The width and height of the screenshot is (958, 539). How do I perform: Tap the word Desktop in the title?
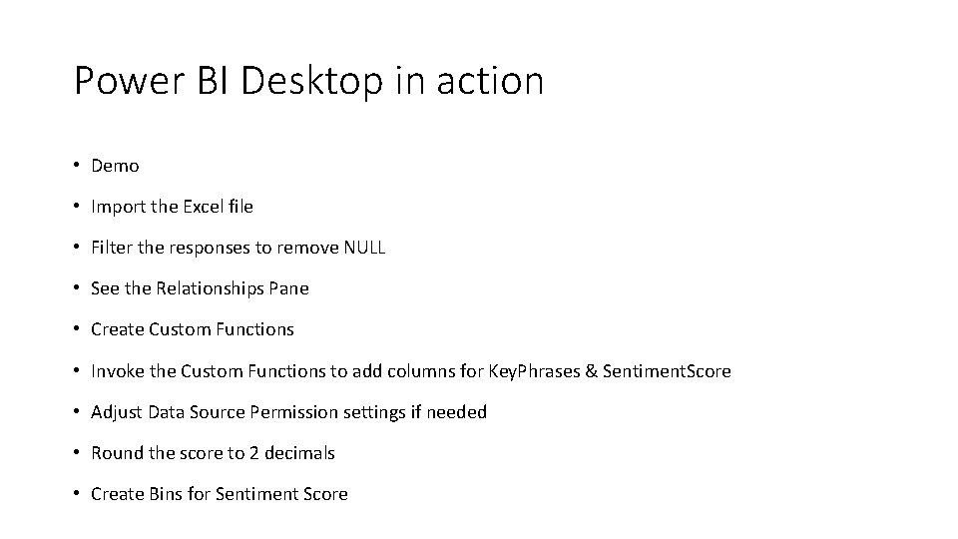click(311, 81)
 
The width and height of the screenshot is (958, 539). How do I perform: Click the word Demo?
click(115, 166)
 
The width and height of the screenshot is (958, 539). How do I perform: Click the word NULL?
click(364, 248)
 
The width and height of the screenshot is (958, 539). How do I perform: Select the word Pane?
click(289, 288)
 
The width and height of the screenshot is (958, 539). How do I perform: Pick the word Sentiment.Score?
click(667, 371)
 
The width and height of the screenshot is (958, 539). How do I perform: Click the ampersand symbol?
click(591, 371)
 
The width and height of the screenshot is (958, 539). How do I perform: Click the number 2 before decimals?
click(254, 453)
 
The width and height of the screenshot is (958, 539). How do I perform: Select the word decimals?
click(300, 453)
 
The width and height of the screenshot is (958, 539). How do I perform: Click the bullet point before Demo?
click(77, 166)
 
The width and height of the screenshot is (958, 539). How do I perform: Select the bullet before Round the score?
click(77, 453)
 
